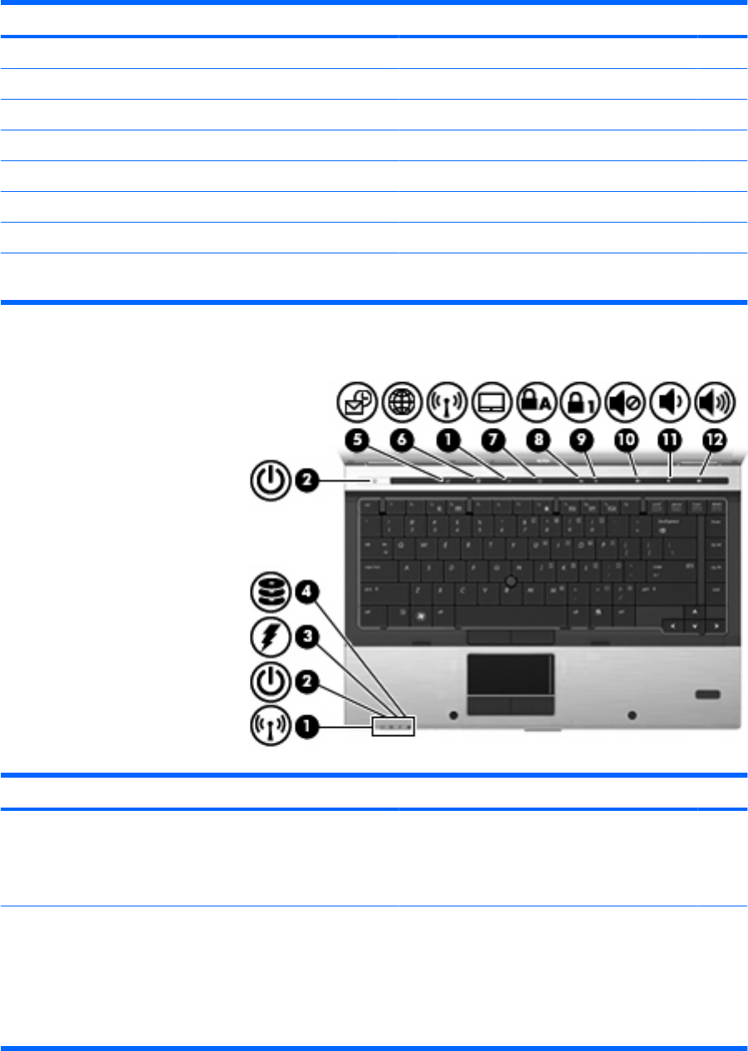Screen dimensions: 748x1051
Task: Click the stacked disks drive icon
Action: pyautogui.click(x=271, y=595)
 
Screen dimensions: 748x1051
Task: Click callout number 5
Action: pyautogui.click(x=358, y=441)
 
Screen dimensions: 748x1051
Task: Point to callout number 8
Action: pyautogui.click(x=536, y=441)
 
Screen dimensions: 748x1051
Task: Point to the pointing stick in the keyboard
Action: pyautogui.click(x=512, y=577)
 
